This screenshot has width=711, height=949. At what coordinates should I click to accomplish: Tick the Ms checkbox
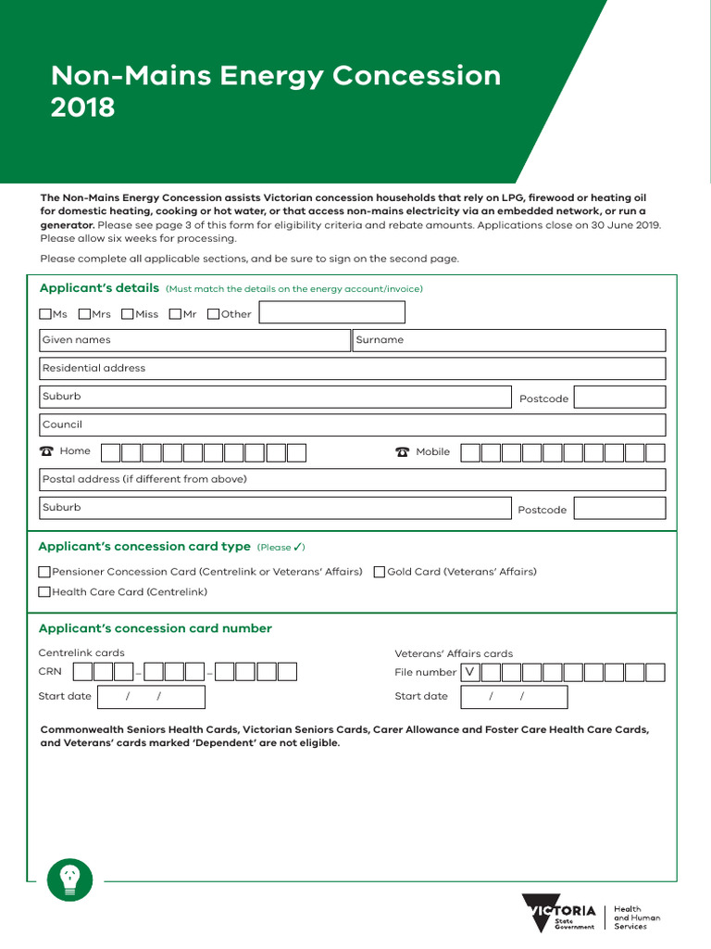[x=45, y=314]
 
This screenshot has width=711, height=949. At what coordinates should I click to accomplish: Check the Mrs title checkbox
[x=85, y=314]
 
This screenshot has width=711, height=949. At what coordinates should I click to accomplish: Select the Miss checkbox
[x=128, y=314]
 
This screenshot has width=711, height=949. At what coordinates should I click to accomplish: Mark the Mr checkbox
[x=176, y=314]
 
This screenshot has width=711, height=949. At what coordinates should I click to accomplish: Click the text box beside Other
[x=331, y=313]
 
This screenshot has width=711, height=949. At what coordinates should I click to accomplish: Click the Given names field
[x=194, y=340]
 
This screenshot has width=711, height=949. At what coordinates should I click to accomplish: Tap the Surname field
[x=509, y=340]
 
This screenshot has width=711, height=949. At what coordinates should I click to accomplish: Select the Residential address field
[x=352, y=368]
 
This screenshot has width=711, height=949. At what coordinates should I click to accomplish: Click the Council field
[x=352, y=424]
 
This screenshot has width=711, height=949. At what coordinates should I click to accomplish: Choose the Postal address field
[x=352, y=479]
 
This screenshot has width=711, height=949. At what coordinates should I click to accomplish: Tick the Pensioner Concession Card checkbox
[x=44, y=572]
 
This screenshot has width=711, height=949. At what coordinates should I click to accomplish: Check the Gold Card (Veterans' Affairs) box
[x=380, y=572]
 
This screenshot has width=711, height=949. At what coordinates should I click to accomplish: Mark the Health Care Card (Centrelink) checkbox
[x=44, y=591]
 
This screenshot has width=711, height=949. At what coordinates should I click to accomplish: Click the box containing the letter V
[x=470, y=672]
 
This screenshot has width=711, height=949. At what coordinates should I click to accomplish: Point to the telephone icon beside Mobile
[x=402, y=452]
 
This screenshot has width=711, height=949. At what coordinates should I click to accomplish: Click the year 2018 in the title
[x=83, y=108]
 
